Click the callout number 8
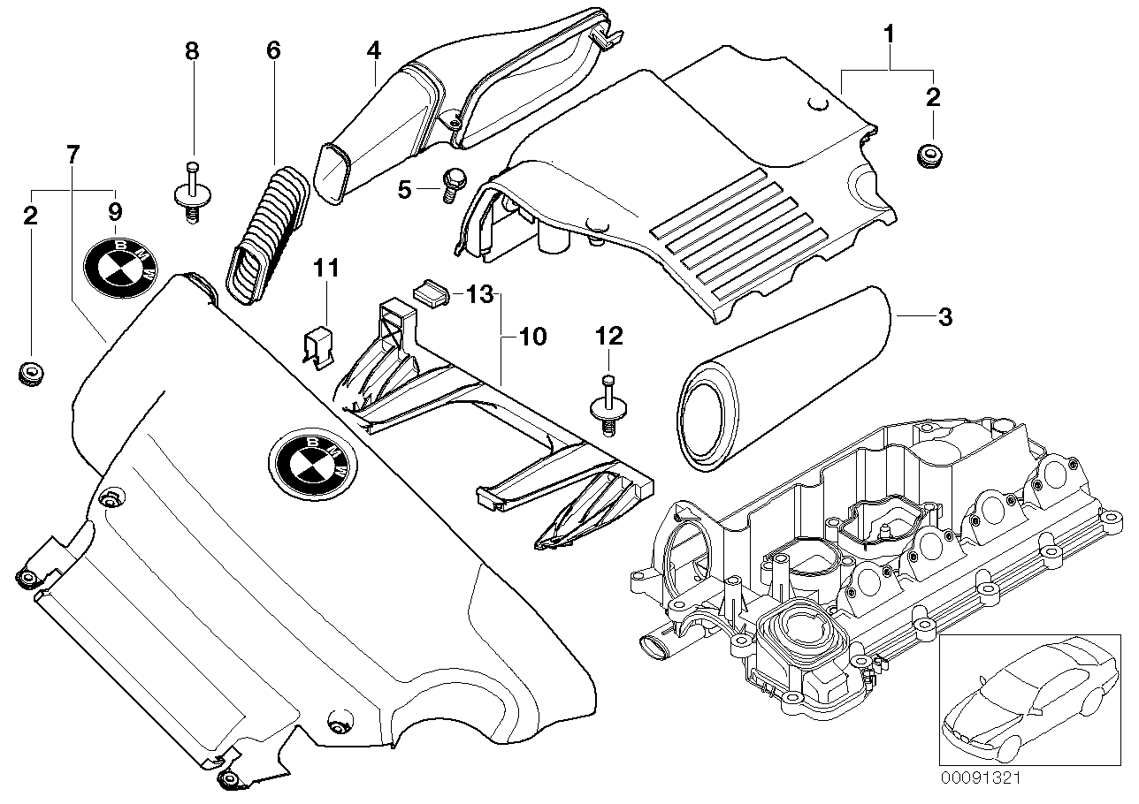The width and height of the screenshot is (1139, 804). point(192,50)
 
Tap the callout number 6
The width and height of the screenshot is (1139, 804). point(273,50)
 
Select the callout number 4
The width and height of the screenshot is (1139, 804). point(374,50)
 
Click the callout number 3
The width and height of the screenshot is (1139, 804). point(944,317)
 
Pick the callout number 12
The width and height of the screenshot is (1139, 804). point(609,336)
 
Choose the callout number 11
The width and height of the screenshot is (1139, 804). point(327,268)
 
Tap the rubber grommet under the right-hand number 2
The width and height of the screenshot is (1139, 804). point(929,155)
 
